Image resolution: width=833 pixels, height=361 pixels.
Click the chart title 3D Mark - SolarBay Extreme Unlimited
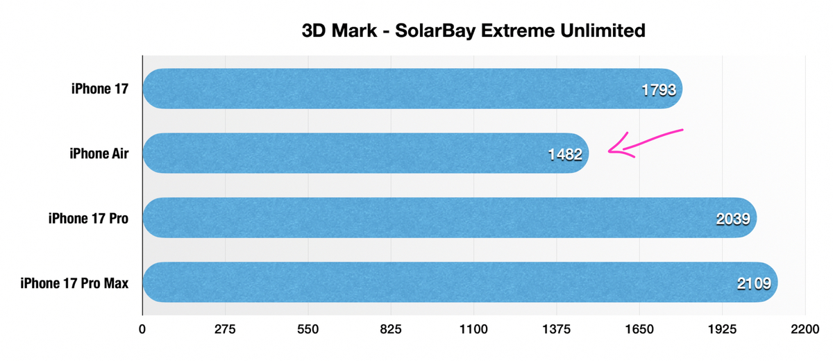coord(474,31)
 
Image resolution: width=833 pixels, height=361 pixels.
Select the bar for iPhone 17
coord(389,89)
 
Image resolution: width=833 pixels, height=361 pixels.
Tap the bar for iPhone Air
coord(347,153)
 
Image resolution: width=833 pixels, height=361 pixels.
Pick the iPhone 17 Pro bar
coord(416,218)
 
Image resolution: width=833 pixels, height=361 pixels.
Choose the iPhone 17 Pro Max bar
coord(430,283)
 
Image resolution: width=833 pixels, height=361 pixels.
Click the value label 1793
coord(659,90)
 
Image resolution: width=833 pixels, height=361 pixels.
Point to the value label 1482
coord(564,154)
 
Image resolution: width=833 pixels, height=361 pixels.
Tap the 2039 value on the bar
coord(732,219)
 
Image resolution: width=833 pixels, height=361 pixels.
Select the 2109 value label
coord(753,283)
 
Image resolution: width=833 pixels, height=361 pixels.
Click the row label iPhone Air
coord(95,153)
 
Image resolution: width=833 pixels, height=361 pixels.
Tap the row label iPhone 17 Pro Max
coord(75,283)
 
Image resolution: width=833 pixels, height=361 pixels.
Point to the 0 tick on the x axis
coord(142,330)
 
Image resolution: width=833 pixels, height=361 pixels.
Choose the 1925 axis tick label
coord(722,330)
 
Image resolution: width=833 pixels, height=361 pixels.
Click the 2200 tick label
coord(805,330)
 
